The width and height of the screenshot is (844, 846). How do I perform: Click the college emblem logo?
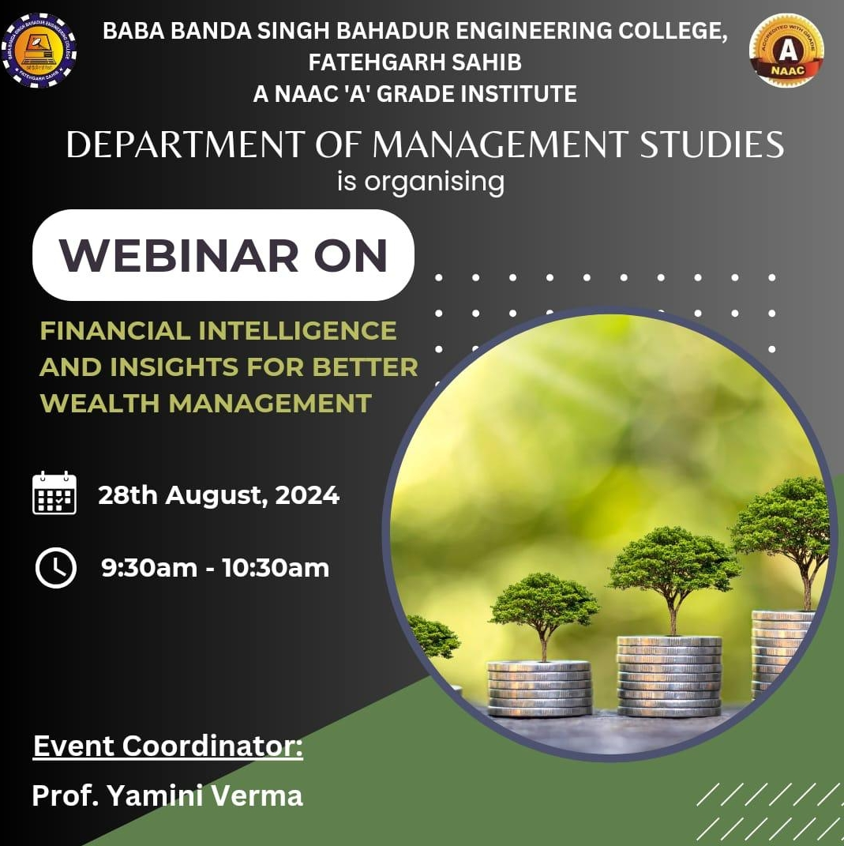click(39, 51)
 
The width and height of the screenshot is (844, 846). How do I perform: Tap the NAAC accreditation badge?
click(787, 50)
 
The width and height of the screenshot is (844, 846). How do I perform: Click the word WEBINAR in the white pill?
click(179, 255)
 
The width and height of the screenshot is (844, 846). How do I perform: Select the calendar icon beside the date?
click(54, 493)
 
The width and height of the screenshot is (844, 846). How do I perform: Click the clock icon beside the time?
click(55, 568)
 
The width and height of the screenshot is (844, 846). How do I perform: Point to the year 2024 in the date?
click(307, 494)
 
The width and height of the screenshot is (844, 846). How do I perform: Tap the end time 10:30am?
click(276, 568)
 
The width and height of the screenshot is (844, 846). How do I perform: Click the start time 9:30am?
click(149, 568)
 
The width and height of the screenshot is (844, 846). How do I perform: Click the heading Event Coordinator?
click(168, 746)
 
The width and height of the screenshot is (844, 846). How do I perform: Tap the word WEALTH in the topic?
click(99, 403)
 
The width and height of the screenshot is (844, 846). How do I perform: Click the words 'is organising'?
click(421, 182)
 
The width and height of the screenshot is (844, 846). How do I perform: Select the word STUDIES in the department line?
click(712, 145)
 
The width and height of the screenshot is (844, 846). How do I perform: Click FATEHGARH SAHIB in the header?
click(415, 62)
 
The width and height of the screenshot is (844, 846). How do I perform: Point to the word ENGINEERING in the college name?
click(534, 31)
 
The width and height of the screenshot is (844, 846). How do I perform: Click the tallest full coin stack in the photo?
click(670, 676)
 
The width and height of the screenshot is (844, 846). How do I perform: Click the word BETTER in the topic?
click(365, 367)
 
